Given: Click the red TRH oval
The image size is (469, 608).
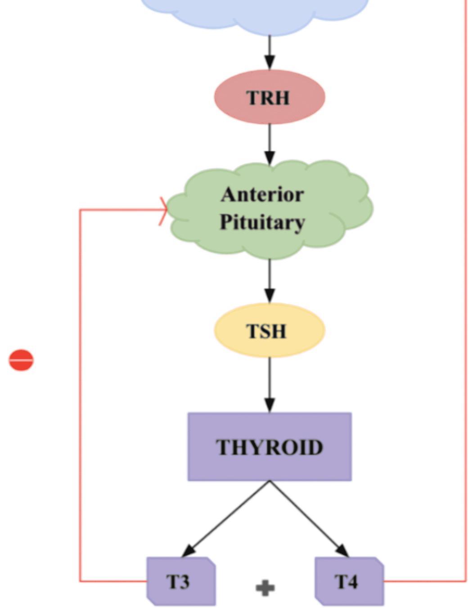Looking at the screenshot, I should tap(269, 97).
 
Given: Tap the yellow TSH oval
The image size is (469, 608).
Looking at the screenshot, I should tap(269, 330).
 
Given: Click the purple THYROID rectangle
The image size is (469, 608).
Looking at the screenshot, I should tap(269, 446).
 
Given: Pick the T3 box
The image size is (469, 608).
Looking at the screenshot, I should tap(180, 581).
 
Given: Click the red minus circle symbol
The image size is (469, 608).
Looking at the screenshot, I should tap(21, 360).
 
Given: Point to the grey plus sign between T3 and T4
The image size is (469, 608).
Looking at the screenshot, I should tap(265, 588).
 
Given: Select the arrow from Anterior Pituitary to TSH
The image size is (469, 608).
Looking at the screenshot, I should tap(269, 281).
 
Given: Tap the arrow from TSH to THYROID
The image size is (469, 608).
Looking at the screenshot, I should tap(269, 385).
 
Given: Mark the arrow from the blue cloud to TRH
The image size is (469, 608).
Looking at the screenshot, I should tap(269, 52).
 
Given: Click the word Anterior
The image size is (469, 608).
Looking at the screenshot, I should tap(262, 194).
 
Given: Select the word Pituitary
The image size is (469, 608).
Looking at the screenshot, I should tap(262, 222).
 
